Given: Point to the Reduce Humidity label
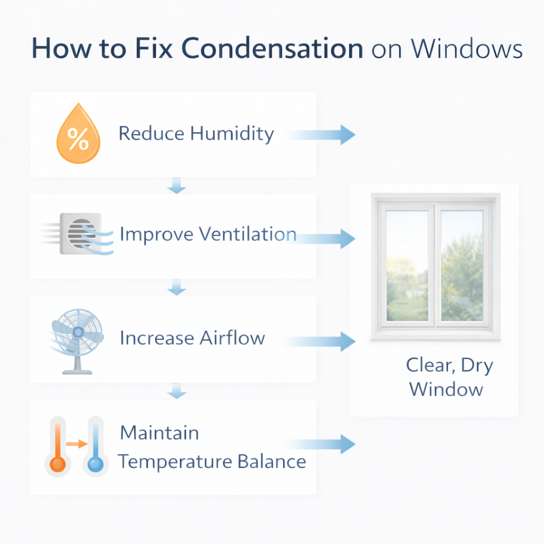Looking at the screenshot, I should pos(195,133).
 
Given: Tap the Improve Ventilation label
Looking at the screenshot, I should pos(208,234).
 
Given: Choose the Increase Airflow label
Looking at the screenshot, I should pos(192,338).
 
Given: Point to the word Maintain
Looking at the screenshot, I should pos(159,432).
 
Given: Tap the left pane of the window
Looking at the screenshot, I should pos(406,266).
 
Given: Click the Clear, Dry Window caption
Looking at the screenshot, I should pos(449,377).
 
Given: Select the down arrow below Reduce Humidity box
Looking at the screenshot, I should pos(176,186).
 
